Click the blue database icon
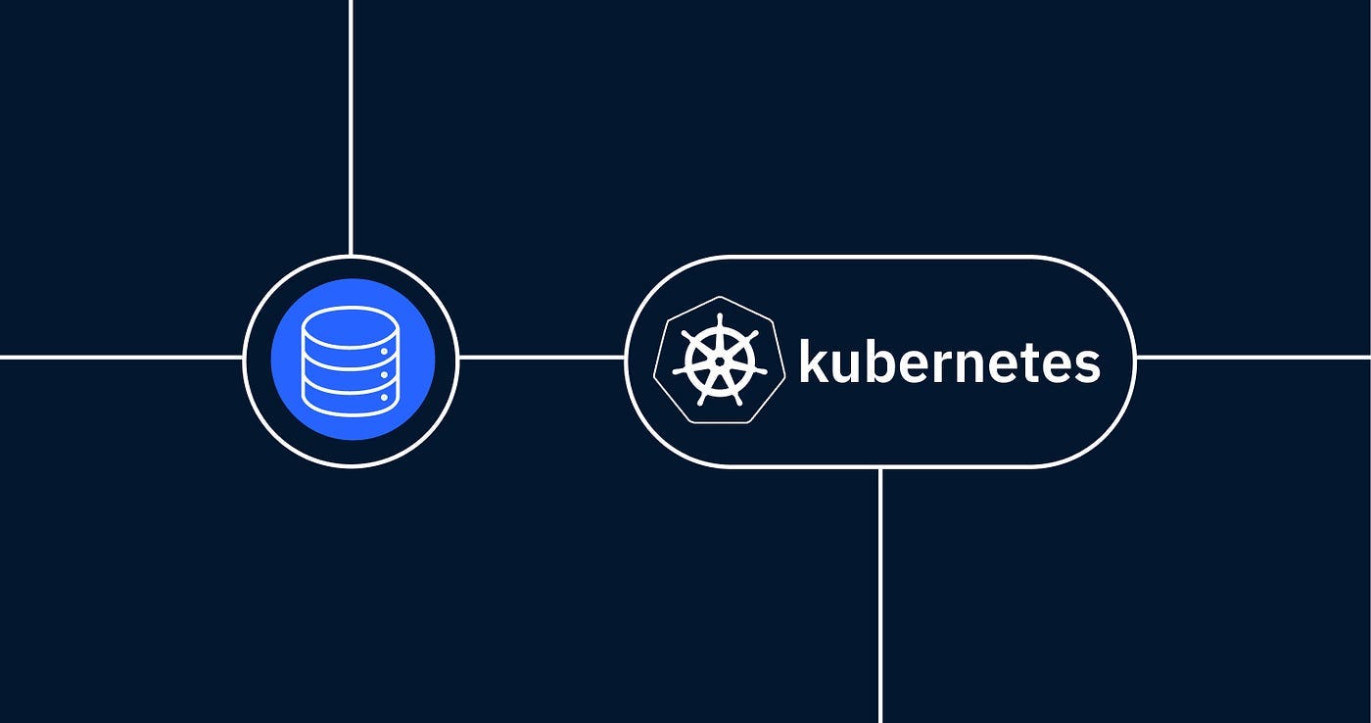tap(351, 361)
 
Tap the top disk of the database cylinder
tap(351, 324)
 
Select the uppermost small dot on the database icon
tap(384, 350)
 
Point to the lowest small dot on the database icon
tap(384, 396)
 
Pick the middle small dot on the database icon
tap(384, 373)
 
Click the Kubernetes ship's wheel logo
tap(720, 361)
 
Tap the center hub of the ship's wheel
tap(720, 361)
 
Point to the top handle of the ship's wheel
tap(720, 320)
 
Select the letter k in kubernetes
tap(812, 361)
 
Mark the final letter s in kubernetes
tap(1086, 365)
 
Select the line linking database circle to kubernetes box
tap(542, 358)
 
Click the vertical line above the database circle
tap(351, 127)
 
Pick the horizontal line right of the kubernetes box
tap(1253, 358)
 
